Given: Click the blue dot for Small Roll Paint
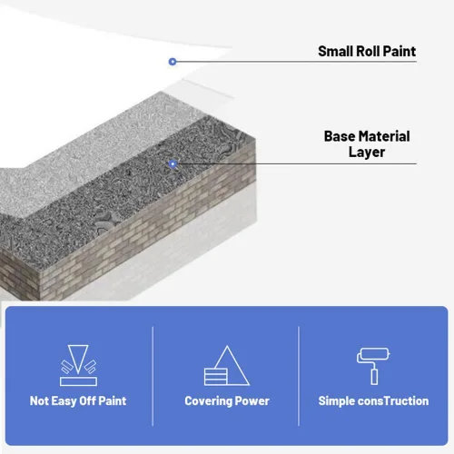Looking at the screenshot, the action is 173,62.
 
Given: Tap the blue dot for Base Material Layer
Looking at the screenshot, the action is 173,164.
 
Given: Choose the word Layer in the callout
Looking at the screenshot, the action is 367,153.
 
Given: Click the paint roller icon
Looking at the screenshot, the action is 373,366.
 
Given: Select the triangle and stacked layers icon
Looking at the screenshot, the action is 227,366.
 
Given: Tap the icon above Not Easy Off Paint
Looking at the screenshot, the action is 78,365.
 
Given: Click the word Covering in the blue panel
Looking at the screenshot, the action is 208,401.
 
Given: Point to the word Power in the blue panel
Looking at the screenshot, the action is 252,401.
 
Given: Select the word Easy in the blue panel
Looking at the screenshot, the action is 64,401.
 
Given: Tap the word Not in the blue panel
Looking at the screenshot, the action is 39,401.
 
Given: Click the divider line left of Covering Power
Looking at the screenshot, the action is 153,376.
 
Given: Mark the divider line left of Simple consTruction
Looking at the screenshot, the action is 299,376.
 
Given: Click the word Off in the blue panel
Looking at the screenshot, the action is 88,401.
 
